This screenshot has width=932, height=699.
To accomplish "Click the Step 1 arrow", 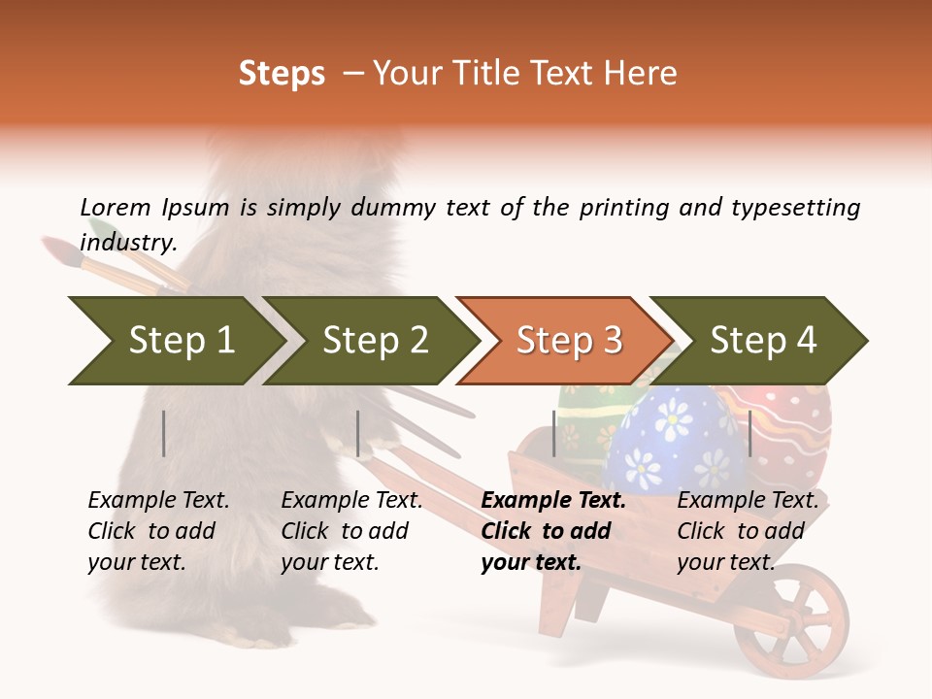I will (x=175, y=340).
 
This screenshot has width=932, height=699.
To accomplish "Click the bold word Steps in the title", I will (x=282, y=74).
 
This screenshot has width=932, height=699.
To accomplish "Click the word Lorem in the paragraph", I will (x=115, y=207).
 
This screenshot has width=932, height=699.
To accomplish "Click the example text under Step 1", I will (x=158, y=531).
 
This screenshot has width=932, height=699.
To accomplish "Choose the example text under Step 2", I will (x=351, y=531).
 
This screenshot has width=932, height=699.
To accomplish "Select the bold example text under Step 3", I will (x=552, y=531).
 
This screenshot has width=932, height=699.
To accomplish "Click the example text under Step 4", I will (x=748, y=531).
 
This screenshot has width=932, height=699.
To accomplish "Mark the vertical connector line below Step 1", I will (x=164, y=433).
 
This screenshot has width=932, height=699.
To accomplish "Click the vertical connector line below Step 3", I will (x=554, y=433).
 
